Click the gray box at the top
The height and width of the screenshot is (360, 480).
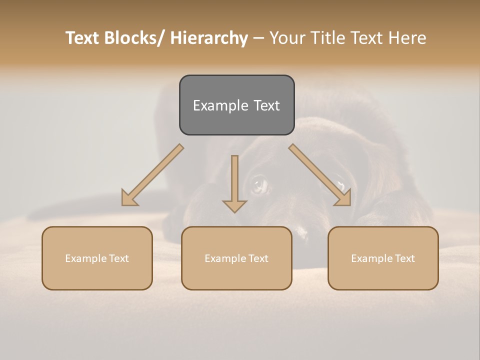[x=236, y=105]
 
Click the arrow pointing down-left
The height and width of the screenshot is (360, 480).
[x=152, y=175]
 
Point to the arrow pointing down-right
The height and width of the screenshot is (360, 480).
[x=320, y=175]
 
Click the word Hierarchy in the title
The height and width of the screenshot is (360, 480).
[x=209, y=38]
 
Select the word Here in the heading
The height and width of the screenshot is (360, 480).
[x=407, y=38]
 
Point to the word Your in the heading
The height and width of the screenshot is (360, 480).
[x=287, y=38]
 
